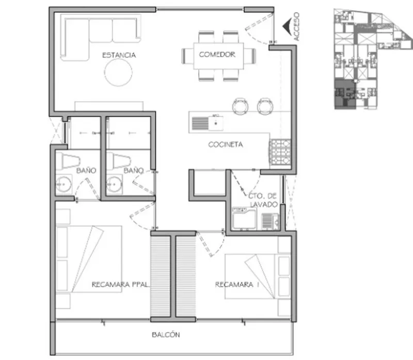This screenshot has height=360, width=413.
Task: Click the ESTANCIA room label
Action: click(x=119, y=55)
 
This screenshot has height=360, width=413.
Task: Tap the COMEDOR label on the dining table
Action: click(x=217, y=55)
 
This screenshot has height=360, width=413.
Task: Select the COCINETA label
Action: click(x=226, y=144)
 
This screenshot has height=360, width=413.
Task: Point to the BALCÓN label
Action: click(x=166, y=335)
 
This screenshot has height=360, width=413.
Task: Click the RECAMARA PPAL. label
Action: click(x=120, y=285)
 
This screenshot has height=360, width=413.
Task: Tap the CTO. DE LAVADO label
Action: click(x=263, y=200)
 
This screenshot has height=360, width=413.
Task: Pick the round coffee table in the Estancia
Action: click(x=118, y=72)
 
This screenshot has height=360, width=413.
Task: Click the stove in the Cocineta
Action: click(x=280, y=152)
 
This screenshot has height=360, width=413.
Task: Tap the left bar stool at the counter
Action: click(x=240, y=106)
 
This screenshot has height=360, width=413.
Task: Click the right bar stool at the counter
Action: click(x=265, y=106)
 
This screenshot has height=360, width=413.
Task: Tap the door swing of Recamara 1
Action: click(x=211, y=243)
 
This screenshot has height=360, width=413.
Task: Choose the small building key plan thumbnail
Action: click(x=372, y=59)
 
